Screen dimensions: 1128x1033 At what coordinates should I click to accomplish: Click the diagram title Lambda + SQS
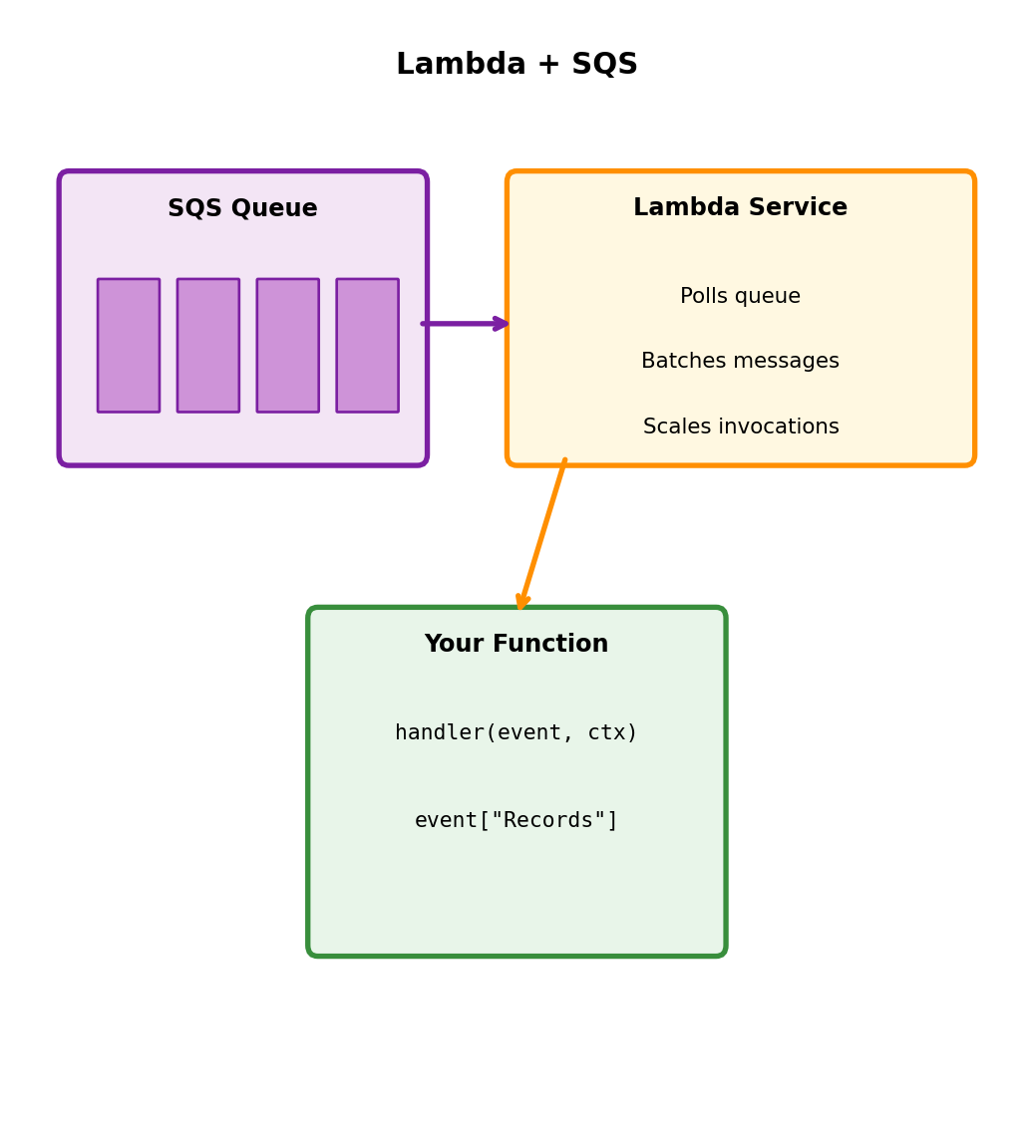click(x=516, y=65)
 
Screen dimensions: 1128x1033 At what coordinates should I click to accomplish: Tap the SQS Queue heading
click(x=242, y=208)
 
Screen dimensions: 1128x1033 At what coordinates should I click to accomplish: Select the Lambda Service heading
click(x=740, y=207)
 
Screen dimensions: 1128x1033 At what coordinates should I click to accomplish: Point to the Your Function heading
click(x=516, y=645)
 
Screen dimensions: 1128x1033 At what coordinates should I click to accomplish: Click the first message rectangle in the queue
click(x=129, y=345)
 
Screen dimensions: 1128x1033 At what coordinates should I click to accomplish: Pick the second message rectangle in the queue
click(x=208, y=345)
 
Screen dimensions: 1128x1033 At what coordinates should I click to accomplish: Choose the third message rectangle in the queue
click(x=288, y=345)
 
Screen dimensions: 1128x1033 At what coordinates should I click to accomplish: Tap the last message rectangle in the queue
click(x=367, y=345)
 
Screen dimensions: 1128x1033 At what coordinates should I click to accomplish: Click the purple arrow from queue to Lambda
click(x=465, y=324)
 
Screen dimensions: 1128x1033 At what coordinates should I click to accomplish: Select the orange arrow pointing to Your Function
click(x=542, y=534)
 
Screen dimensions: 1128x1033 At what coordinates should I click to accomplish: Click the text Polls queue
click(x=740, y=296)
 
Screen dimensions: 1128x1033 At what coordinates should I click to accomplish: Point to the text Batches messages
click(x=740, y=362)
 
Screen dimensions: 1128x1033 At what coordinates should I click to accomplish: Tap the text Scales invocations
click(x=741, y=426)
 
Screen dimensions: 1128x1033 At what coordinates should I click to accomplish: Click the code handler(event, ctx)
click(x=516, y=732)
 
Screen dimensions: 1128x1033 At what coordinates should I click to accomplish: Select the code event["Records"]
click(x=516, y=820)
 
